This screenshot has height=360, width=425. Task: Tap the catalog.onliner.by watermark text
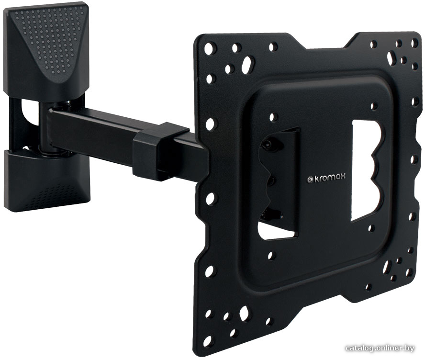pyautogui.click(x=380, y=348)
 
